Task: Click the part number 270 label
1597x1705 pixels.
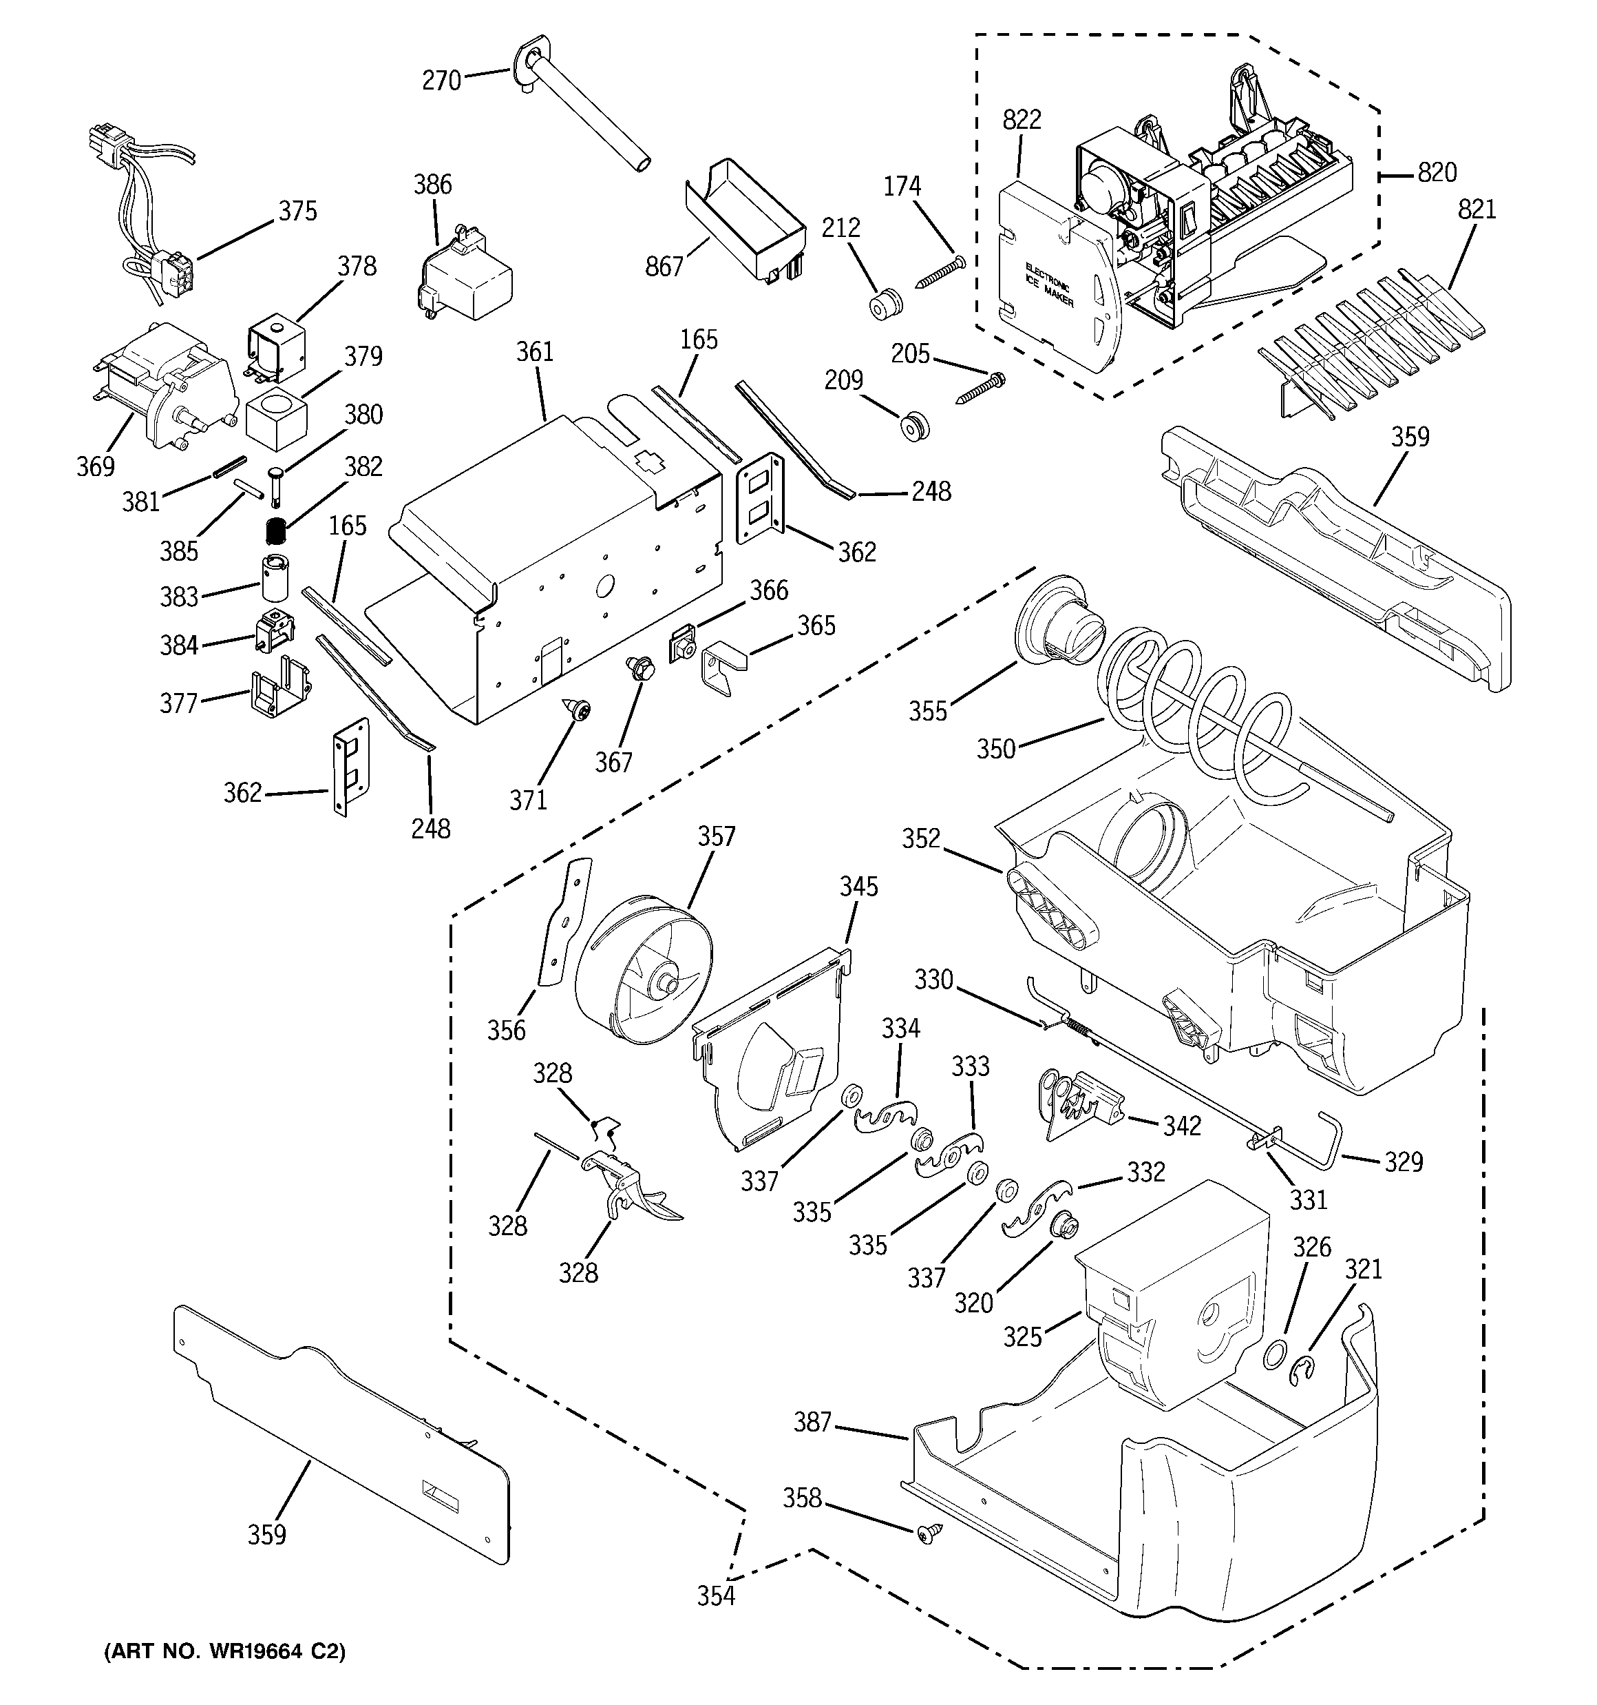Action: pos(441,81)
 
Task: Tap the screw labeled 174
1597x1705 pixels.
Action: pos(940,272)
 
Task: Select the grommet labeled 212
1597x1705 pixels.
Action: pos(885,304)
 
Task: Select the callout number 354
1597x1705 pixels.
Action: pos(715,1595)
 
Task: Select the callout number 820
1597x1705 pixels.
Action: pos(1437,173)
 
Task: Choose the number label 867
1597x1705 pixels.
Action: pos(664,267)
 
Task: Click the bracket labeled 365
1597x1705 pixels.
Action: pos(723,671)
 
